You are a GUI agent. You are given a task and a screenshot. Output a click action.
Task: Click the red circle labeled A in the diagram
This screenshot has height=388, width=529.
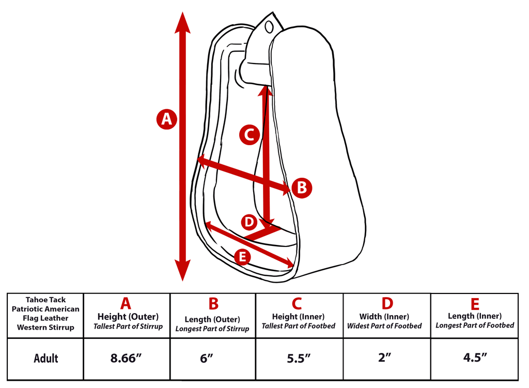click(x=167, y=119)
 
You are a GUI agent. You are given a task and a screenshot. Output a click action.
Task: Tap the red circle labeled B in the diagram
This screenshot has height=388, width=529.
click(x=302, y=188)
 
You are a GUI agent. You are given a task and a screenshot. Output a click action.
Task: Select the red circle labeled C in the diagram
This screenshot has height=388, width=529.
click(x=250, y=135)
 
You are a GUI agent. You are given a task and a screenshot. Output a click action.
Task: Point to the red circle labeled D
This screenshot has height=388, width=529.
click(x=249, y=222)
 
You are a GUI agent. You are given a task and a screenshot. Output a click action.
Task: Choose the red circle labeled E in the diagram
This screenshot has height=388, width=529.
click(x=242, y=257)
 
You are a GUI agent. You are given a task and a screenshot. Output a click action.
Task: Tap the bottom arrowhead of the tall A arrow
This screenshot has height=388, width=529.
click(x=182, y=270)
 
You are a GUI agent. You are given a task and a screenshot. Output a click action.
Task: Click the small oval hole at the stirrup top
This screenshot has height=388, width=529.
click(x=269, y=27)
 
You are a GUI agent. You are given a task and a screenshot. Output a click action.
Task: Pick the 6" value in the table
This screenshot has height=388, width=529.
click(x=207, y=358)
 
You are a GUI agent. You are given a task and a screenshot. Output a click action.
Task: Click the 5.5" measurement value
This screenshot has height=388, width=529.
click(x=299, y=358)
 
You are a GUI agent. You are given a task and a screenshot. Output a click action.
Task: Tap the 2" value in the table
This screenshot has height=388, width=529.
click(x=384, y=357)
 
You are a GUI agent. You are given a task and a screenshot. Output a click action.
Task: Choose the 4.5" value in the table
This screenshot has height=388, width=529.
click(x=475, y=357)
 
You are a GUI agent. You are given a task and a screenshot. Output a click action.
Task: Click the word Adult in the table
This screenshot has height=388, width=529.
click(x=46, y=358)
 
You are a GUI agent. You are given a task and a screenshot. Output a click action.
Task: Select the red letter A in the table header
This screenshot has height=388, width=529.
click(x=126, y=303)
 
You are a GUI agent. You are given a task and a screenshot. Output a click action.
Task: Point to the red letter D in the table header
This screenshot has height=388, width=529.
click(x=387, y=303)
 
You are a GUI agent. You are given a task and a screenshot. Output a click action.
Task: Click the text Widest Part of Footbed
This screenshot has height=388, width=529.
click(x=384, y=326)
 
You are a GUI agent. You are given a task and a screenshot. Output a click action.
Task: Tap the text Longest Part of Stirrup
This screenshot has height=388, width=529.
click(x=212, y=329)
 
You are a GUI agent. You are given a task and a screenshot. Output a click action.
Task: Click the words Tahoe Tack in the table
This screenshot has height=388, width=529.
click(x=45, y=300)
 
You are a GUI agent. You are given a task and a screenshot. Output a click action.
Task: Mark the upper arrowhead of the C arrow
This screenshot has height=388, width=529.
click(x=265, y=90)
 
